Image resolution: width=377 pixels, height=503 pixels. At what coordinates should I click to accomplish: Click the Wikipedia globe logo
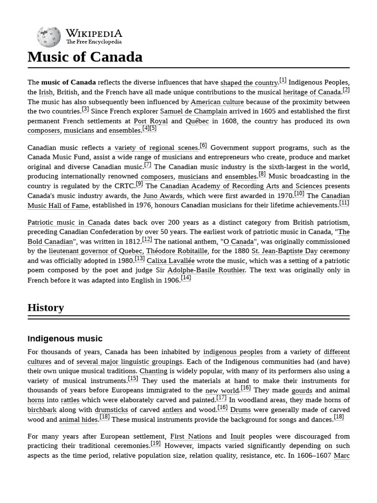[x=49, y=37]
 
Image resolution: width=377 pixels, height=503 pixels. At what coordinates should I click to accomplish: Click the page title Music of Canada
[x=85, y=57]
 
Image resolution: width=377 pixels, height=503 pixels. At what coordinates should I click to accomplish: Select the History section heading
[x=46, y=307]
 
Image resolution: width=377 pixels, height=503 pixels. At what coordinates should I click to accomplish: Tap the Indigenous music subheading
[x=65, y=338]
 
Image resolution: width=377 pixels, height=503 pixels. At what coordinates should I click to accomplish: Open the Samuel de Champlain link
[x=187, y=112]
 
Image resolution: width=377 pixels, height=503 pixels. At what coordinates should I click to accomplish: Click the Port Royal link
[x=151, y=121]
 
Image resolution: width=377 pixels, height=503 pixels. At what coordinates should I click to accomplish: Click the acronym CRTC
[x=125, y=186]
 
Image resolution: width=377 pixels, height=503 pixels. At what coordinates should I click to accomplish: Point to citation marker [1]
[x=283, y=81]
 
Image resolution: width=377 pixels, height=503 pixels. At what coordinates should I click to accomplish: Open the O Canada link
[x=239, y=242]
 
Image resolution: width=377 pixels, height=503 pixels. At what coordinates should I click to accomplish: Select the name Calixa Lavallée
[x=170, y=261]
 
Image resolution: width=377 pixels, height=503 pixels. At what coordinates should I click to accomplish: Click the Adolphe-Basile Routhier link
[x=206, y=270]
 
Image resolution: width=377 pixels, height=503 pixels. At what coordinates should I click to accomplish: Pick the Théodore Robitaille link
[x=176, y=251]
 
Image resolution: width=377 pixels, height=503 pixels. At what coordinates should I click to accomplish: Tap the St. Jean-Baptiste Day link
[x=284, y=251]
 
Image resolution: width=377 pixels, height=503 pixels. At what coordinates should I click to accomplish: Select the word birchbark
[x=42, y=410]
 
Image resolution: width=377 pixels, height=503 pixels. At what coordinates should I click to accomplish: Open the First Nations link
[x=191, y=436]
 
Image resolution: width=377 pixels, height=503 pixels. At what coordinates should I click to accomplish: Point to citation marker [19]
[x=156, y=444]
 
